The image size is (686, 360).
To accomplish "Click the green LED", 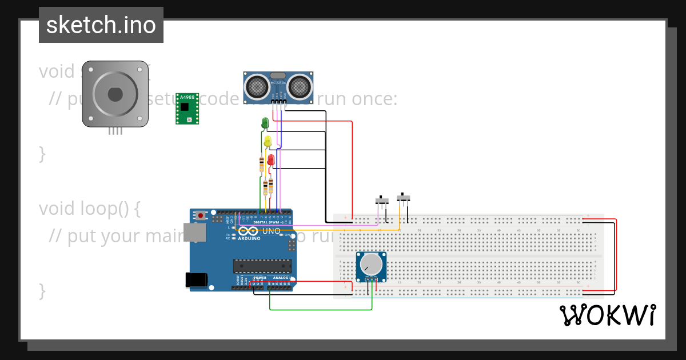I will pyautogui.click(x=265, y=122).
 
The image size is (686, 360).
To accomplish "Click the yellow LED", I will pyautogui.click(x=268, y=141).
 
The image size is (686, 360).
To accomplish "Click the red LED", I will pyautogui.click(x=271, y=160).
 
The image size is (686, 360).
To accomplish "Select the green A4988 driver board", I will pyautogui.click(x=188, y=109).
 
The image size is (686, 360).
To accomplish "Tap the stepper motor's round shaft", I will pyautogui.click(x=115, y=93).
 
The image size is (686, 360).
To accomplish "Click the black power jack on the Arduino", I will pyautogui.click(x=196, y=279).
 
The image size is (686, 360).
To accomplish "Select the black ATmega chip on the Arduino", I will pyautogui.click(x=262, y=266).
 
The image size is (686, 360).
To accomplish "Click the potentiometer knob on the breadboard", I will pyautogui.click(x=372, y=264).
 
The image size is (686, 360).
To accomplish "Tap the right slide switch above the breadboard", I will pyautogui.click(x=404, y=198).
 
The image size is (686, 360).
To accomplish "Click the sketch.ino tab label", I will pyautogui.click(x=101, y=25).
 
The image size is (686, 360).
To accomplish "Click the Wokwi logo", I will pyautogui.click(x=608, y=315).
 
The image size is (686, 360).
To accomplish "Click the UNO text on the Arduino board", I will pyautogui.click(x=271, y=231).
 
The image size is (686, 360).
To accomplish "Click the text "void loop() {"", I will pyautogui.click(x=89, y=209).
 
